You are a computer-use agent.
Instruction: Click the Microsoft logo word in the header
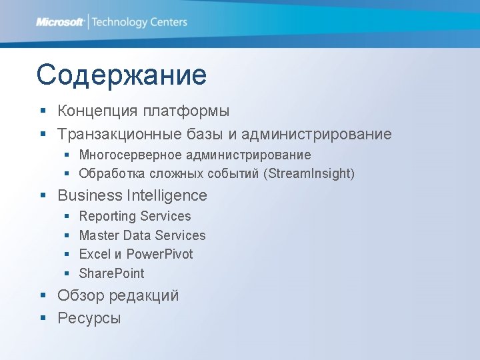pyautogui.click(x=60, y=22)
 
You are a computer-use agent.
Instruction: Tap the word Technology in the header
pyautogui.click(x=119, y=22)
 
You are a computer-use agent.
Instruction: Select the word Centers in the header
pyautogui.click(x=169, y=22)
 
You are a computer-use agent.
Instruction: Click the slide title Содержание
pyautogui.click(x=121, y=75)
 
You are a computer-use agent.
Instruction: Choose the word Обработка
pyautogui.click(x=109, y=173)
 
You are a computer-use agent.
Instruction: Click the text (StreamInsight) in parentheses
pyautogui.click(x=309, y=173)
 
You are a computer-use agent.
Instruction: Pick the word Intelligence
pyautogui.click(x=167, y=195)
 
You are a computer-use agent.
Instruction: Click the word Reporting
pyautogui.click(x=107, y=216)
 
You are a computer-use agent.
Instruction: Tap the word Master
pyautogui.click(x=99, y=235)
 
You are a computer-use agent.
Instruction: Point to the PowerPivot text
pyautogui.click(x=159, y=254)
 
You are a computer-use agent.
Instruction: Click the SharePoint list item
pyautogui.click(x=111, y=273)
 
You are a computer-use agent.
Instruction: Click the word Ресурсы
pyautogui.click(x=89, y=318)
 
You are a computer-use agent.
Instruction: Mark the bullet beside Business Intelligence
pyautogui.click(x=43, y=196)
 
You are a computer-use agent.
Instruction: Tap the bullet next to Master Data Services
pyautogui.click(x=67, y=235)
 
